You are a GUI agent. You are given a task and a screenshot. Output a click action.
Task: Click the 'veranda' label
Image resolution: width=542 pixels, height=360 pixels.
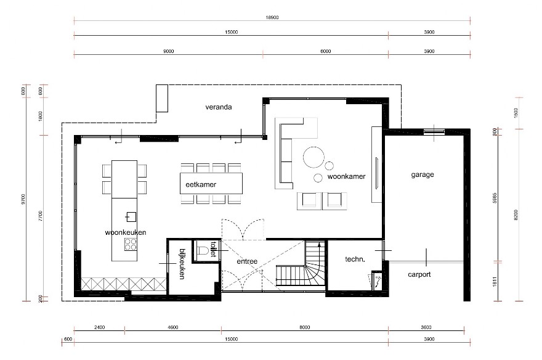219,107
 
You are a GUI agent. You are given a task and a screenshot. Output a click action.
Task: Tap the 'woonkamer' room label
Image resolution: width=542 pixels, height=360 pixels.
346,176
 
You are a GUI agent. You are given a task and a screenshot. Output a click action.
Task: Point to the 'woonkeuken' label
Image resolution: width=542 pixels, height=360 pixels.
125,232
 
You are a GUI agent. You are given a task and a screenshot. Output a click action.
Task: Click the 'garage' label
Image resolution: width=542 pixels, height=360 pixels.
423,174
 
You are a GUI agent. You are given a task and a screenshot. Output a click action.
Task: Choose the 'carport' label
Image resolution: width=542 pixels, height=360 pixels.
419,274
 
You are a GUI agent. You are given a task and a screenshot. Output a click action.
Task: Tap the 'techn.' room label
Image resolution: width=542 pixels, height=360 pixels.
355,260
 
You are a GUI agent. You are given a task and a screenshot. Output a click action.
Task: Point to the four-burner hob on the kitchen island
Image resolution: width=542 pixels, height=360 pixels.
131,245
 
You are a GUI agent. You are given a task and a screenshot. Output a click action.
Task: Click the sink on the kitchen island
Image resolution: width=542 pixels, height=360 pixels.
131,216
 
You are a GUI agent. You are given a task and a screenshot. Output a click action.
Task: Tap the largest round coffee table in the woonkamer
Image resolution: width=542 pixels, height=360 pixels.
314,157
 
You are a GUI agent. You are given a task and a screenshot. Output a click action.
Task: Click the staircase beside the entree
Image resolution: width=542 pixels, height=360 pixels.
300,268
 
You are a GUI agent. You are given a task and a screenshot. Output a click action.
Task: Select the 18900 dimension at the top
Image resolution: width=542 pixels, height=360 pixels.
272,18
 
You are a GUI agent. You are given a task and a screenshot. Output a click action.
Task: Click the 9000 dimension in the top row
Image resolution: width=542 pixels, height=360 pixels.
168,51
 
